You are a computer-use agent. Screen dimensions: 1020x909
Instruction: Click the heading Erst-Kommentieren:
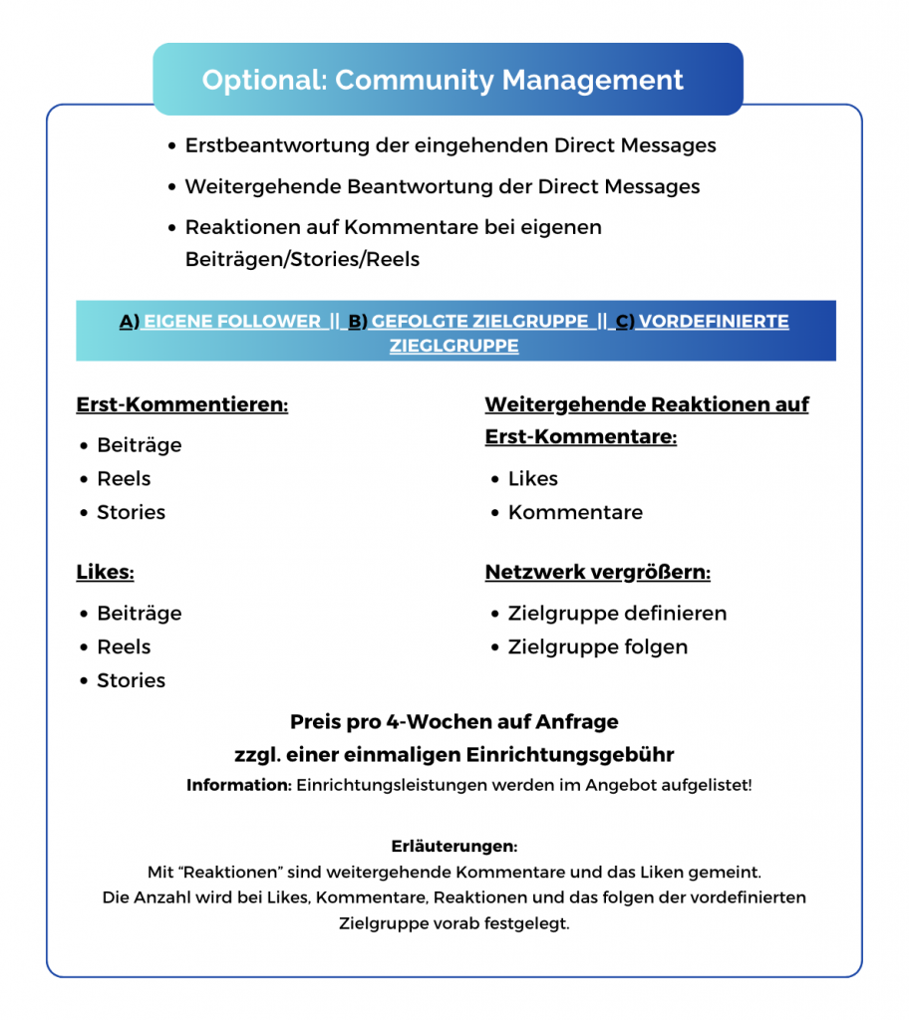[x=181, y=405]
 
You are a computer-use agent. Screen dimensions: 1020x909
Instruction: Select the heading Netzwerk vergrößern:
[x=597, y=573]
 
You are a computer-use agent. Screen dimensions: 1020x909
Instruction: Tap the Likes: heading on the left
[x=105, y=573]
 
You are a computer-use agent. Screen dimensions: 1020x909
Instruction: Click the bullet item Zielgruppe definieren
[x=617, y=614]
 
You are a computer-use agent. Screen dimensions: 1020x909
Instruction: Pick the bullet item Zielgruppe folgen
[x=597, y=647]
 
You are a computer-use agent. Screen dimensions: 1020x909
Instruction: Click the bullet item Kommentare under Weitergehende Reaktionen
[x=575, y=513]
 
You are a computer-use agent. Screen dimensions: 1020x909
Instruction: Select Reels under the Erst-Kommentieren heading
[x=124, y=479]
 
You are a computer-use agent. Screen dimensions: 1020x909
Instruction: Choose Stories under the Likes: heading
[x=131, y=681]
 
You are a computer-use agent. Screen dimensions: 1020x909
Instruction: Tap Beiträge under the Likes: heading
[x=139, y=614]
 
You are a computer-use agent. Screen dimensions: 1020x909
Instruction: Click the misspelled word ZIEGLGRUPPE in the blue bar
[x=454, y=347]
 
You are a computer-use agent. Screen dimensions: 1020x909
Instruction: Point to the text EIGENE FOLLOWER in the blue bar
[x=232, y=322]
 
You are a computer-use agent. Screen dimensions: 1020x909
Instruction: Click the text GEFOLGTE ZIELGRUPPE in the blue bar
[x=479, y=322]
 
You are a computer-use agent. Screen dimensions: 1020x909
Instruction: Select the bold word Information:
[x=238, y=785]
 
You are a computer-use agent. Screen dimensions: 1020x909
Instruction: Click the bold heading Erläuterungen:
[x=454, y=847]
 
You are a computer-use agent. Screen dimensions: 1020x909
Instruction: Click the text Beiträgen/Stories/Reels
[x=302, y=260]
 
